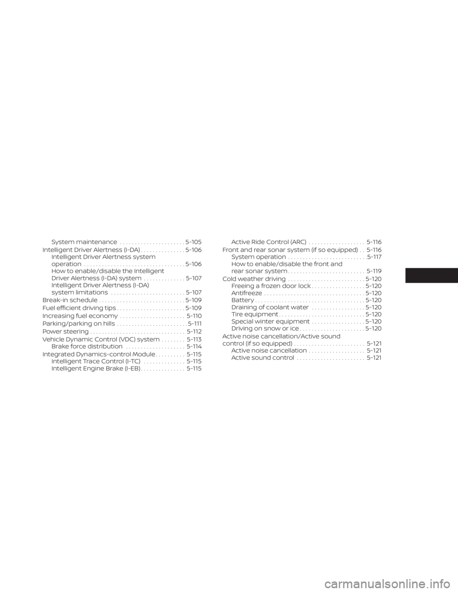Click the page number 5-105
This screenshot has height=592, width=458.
pos(193,242)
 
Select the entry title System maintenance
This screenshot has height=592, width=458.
pos(84,242)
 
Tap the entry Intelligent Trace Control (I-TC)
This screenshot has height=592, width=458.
pos(96,361)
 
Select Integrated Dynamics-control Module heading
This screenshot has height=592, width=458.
pos(99,355)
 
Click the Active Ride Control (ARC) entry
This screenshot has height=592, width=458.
pos(269,242)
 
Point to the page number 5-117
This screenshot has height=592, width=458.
pos(375,257)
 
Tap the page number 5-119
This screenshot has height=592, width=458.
pos(374,271)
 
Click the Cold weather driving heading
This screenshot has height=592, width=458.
pos(254,279)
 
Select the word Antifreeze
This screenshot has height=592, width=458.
pos(247,293)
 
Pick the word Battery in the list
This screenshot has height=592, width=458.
pos(243,300)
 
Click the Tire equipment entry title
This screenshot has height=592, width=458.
pos(255,315)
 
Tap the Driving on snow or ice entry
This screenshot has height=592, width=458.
pos(265,328)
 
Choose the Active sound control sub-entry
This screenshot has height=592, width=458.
pos(263,357)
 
